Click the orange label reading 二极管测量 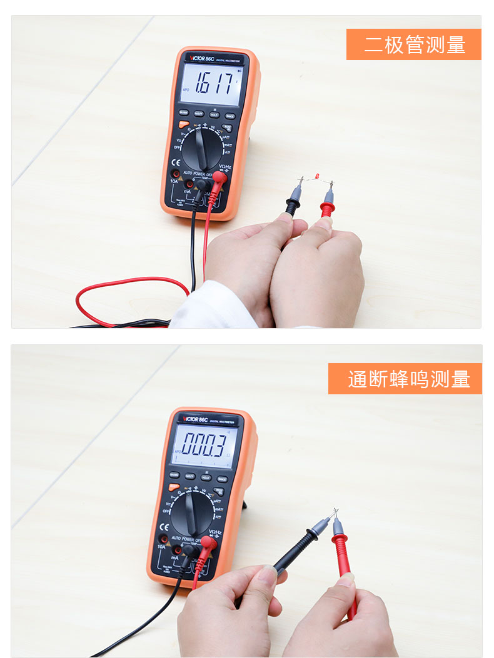tap(413, 44)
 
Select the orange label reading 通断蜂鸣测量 tap(405, 379)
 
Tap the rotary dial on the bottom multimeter tap(193, 512)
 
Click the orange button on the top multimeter tap(183, 124)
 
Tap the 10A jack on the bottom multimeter tap(163, 539)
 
